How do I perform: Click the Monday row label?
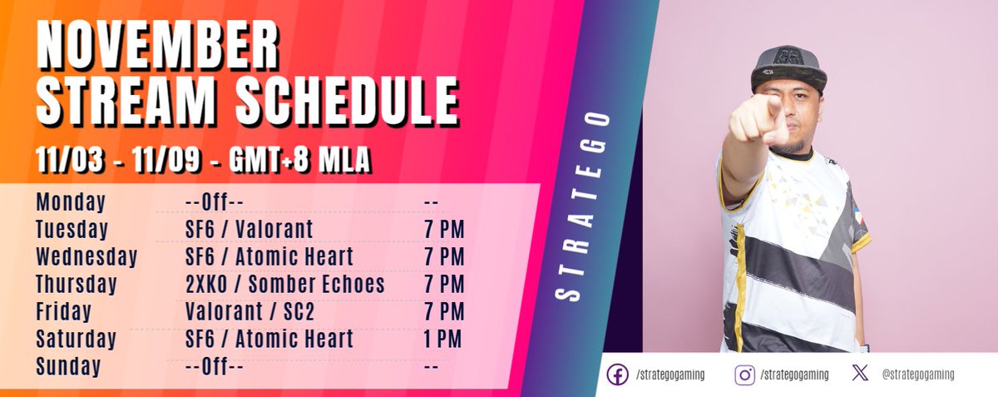(x=71, y=202)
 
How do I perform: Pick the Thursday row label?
(x=77, y=285)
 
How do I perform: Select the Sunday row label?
(x=68, y=366)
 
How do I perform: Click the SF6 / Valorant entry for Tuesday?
(x=249, y=230)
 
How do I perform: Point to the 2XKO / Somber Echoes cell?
(x=285, y=285)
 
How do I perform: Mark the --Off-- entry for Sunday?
(x=214, y=366)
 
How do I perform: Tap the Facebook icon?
(x=617, y=375)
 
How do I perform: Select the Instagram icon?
(x=744, y=375)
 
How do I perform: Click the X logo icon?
(x=861, y=375)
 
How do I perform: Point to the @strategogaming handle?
(x=918, y=375)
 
